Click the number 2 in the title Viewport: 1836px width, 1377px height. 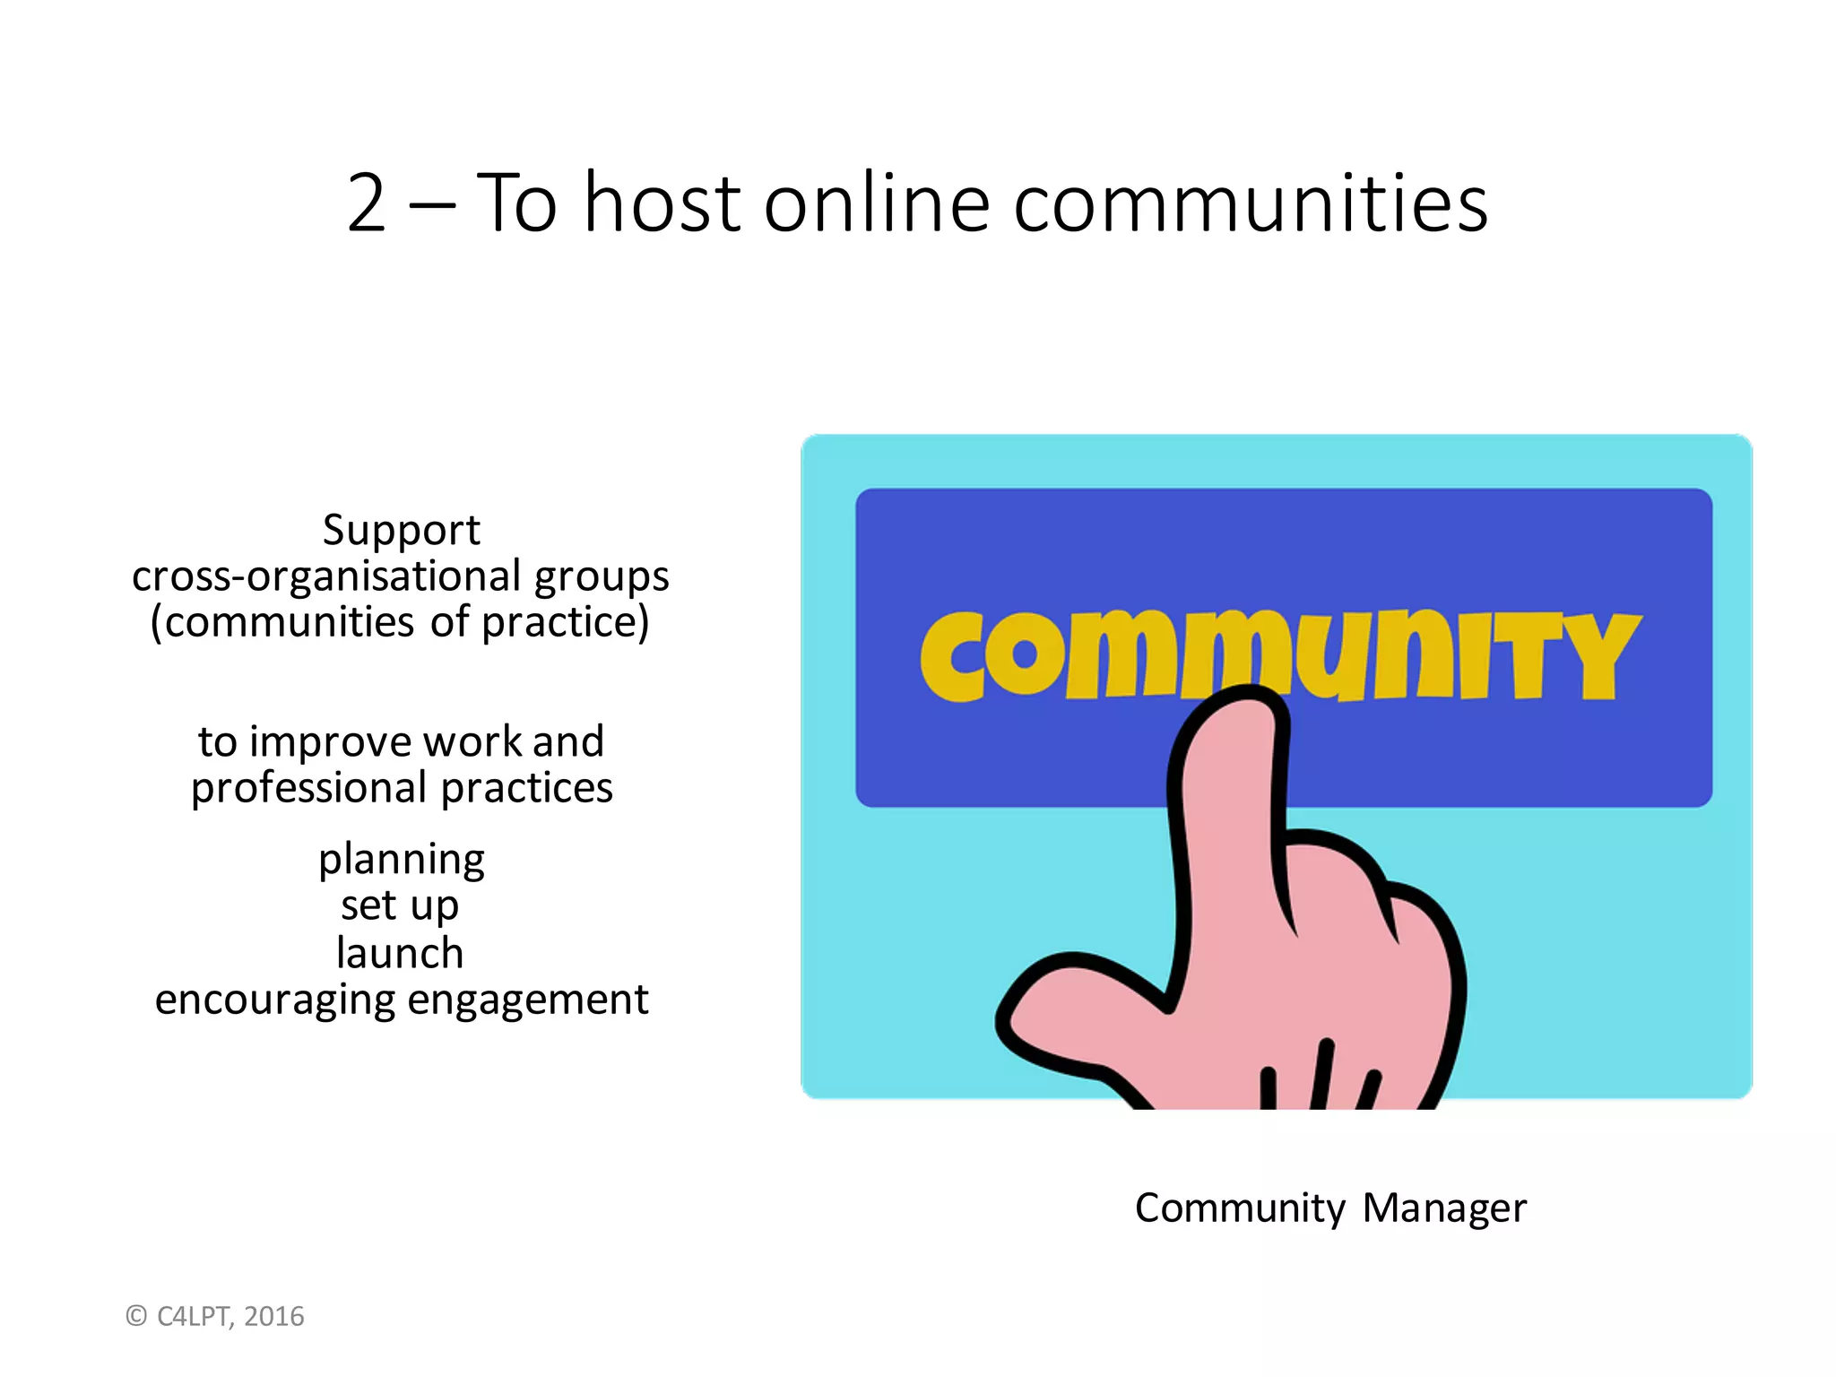[367, 204]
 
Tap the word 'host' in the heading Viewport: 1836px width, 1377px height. [663, 204]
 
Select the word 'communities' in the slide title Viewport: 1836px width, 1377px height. [1251, 204]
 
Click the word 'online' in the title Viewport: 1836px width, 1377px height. [877, 204]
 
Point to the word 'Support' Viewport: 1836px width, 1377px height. [401, 530]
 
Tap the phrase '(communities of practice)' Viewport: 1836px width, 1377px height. [400, 623]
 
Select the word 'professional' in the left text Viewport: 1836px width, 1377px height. [308, 789]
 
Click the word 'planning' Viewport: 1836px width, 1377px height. [401, 860]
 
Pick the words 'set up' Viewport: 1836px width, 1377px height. [400, 905]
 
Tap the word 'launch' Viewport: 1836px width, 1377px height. [400, 952]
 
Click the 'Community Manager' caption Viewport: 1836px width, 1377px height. [1330, 1208]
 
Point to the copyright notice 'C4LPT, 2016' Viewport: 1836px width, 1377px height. [215, 1316]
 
